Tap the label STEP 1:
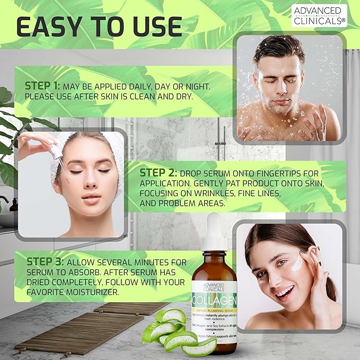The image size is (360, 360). [x=43, y=85]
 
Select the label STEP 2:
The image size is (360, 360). [x=157, y=173]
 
